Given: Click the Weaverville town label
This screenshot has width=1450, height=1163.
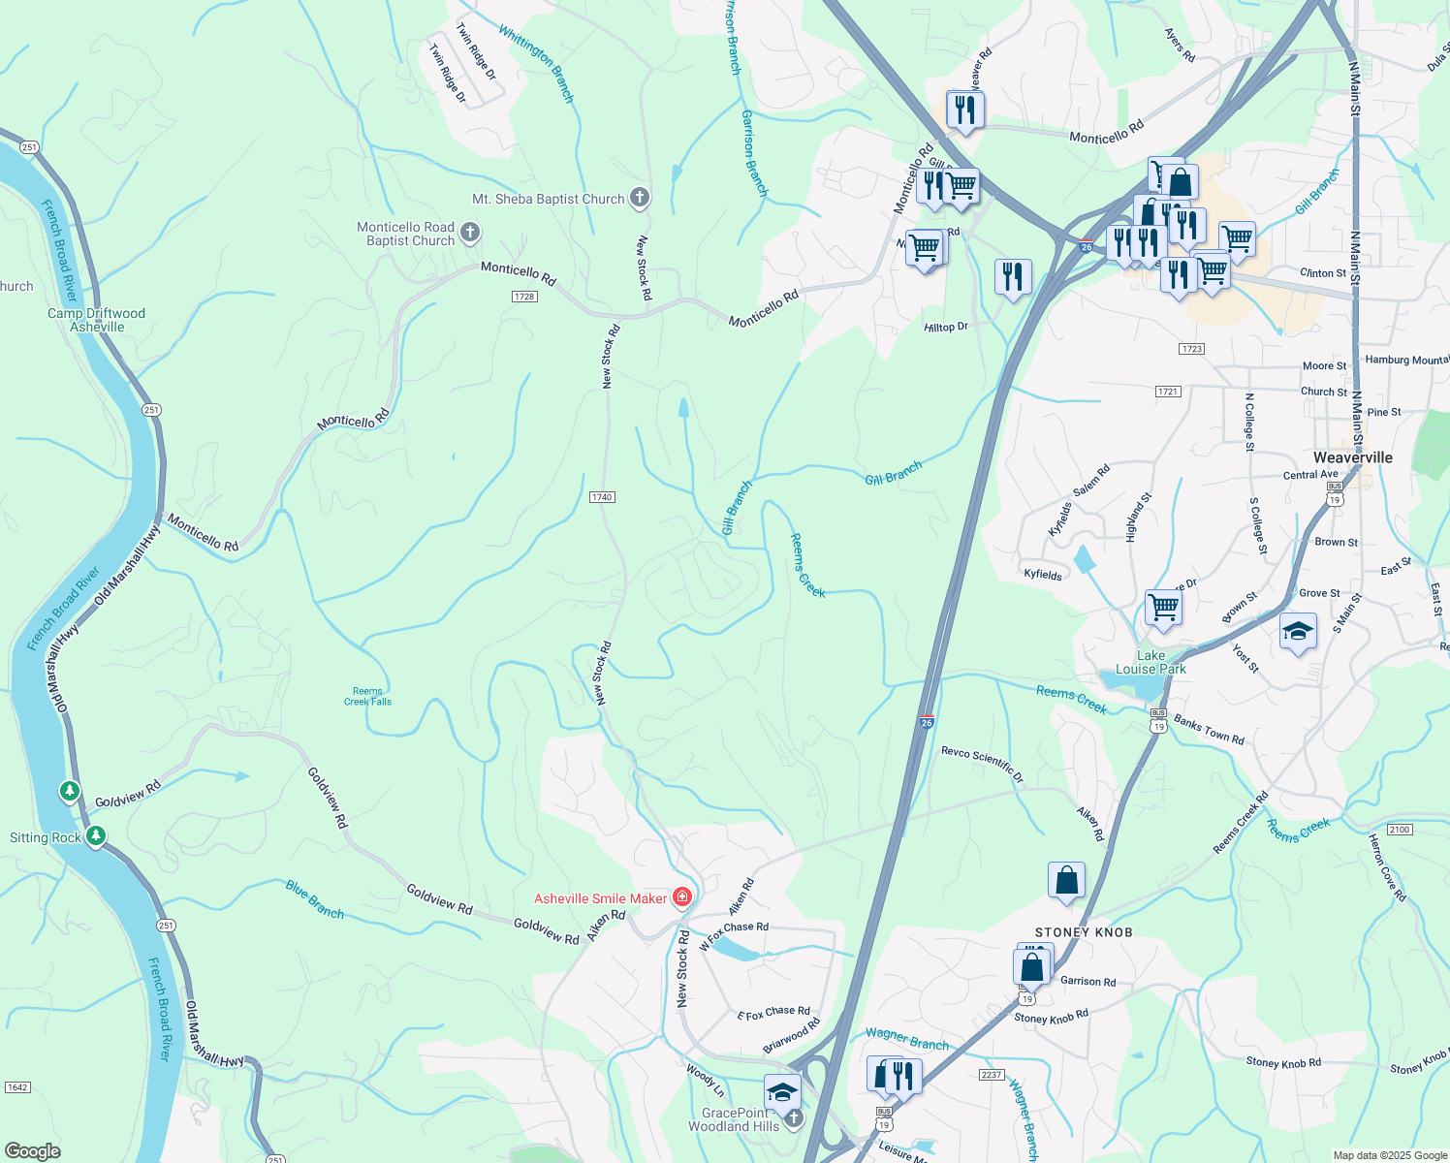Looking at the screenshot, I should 1352,457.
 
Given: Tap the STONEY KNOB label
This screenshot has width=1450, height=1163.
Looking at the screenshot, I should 1084,932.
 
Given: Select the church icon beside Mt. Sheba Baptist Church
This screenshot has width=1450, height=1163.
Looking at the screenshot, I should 639,198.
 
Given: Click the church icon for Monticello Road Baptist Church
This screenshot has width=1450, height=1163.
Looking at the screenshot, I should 469,233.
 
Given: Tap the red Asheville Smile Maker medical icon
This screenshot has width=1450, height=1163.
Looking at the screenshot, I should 682,897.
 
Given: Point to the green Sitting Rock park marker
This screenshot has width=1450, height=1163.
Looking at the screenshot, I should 95,835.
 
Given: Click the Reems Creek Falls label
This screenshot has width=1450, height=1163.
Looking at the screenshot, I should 367,697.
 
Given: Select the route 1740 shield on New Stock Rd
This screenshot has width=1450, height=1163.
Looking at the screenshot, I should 602,497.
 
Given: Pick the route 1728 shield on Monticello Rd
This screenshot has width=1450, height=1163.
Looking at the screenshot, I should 524,297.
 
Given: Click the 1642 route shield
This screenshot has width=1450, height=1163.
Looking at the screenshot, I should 17,1087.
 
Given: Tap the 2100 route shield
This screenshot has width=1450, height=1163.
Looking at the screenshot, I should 1400,830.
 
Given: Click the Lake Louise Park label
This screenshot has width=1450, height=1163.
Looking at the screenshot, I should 1151,662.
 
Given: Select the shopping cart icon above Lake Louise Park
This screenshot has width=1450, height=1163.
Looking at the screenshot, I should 1163,608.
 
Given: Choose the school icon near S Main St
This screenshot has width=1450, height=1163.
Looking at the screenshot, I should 1298,633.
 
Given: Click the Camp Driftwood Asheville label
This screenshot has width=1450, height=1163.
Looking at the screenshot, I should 96,320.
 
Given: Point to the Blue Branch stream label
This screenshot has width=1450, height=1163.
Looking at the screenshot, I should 314,899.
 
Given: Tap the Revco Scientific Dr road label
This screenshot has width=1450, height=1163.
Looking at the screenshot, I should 982,764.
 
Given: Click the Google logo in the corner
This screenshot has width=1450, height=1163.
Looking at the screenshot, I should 33,1151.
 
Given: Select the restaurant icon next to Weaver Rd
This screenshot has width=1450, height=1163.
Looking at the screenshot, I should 965,110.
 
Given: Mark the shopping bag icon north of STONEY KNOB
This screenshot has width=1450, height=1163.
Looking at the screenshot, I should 1066,881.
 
